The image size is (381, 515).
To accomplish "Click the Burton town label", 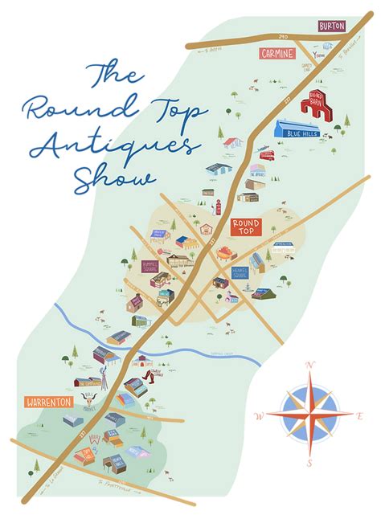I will [x=331, y=27].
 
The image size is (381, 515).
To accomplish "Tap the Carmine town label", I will [x=277, y=52].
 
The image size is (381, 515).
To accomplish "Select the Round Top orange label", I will [x=247, y=226].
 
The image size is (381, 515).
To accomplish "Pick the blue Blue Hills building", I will [x=297, y=130].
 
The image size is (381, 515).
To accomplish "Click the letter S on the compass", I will [x=309, y=464].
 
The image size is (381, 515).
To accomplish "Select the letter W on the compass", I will [x=259, y=415].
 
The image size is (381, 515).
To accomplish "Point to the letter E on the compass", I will [x=359, y=415].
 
